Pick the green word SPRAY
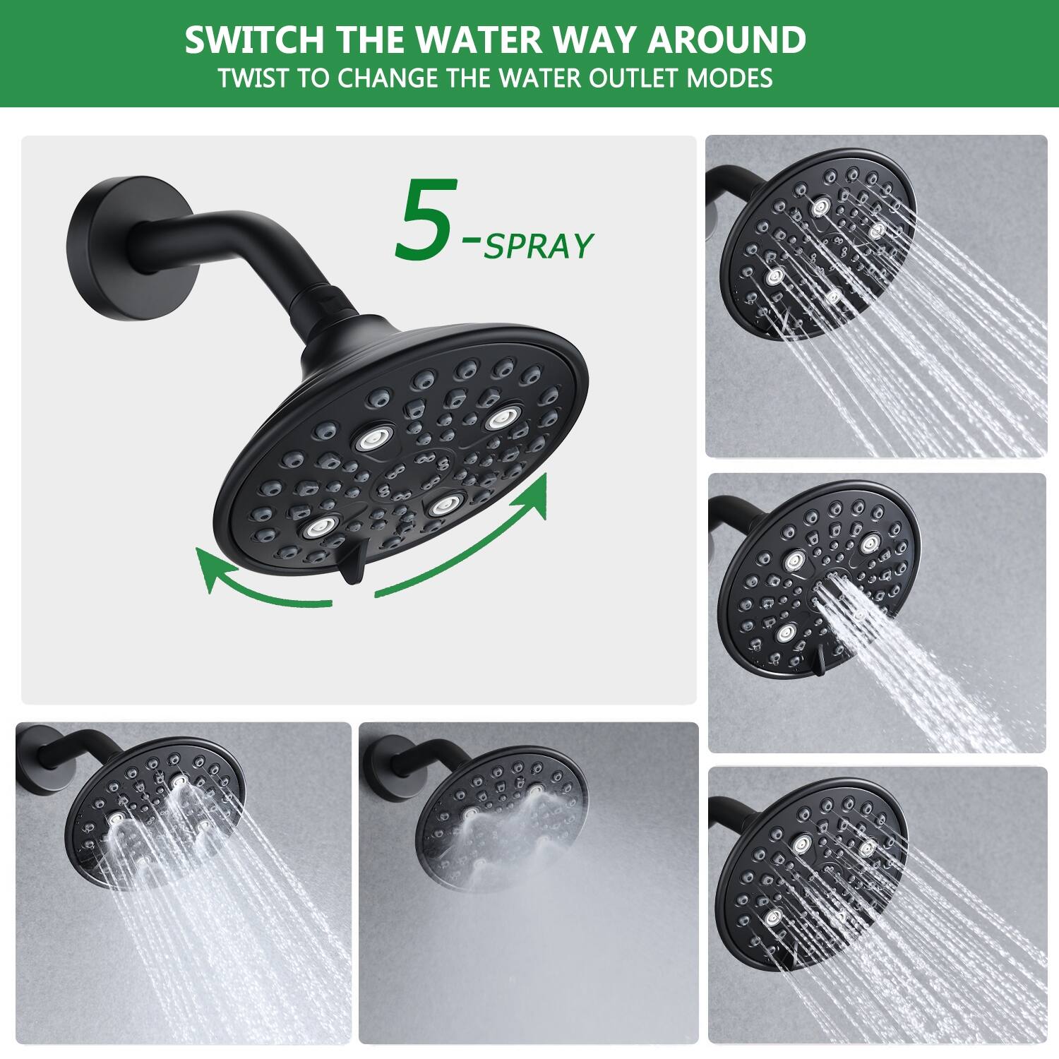(x=538, y=246)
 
